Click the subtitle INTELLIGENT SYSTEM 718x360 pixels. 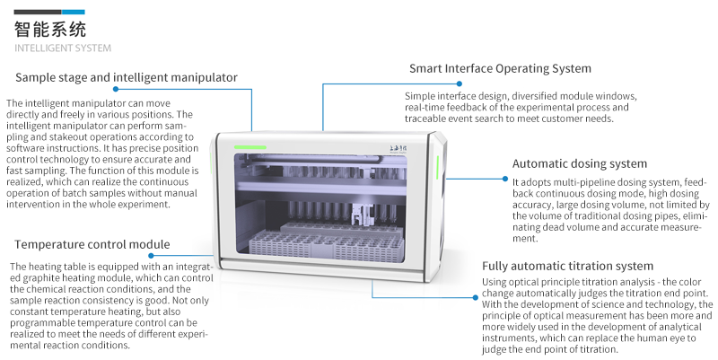tap(63, 48)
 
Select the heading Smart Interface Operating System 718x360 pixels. tap(500, 68)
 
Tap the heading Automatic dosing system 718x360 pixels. tap(579, 163)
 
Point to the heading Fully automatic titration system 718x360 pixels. tap(567, 266)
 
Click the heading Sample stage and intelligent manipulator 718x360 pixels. tap(127, 77)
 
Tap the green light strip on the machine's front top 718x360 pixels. tap(250, 145)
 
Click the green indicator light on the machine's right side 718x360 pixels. tap(436, 166)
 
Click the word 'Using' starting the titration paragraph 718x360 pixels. tap(497, 284)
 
